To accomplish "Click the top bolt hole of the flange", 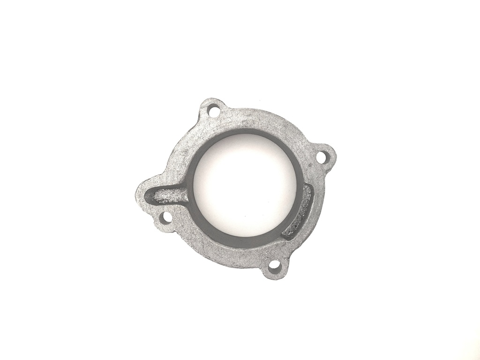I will pos(213,112).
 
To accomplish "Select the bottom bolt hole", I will pos(275,266).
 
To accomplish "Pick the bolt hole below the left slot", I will pos(165,217).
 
